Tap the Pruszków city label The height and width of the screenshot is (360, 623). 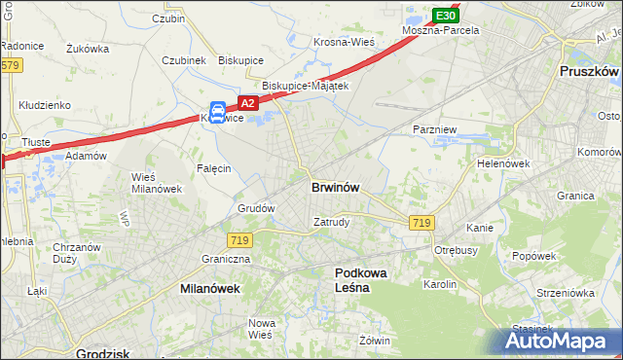click(590, 72)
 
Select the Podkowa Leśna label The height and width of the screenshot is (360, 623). click(361, 281)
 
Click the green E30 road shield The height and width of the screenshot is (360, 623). click(445, 17)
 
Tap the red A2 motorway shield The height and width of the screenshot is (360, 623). click(247, 103)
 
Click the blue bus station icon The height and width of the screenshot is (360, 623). click(219, 112)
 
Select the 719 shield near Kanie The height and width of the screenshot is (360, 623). click(421, 224)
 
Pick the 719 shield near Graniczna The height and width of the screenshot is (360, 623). click(240, 239)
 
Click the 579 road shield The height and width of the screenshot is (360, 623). click(10, 65)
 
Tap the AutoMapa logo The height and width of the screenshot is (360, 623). click(562, 342)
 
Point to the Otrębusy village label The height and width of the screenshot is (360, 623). click(454, 249)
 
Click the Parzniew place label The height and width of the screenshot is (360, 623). click(434, 129)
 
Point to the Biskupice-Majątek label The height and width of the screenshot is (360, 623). click(299, 86)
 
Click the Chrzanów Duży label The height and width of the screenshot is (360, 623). click(77, 253)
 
